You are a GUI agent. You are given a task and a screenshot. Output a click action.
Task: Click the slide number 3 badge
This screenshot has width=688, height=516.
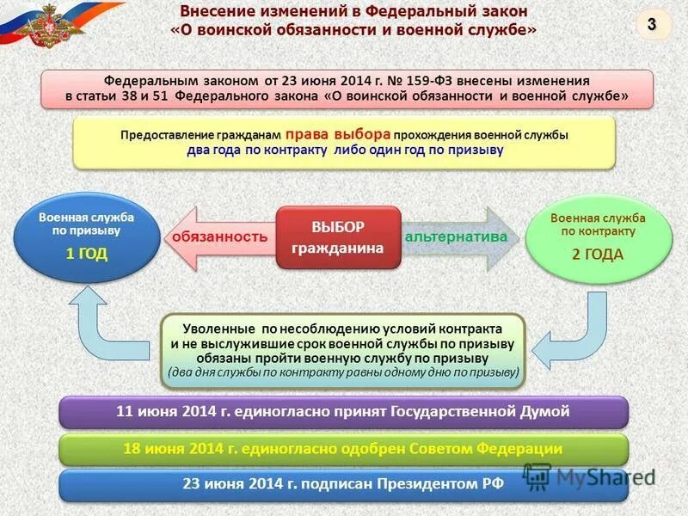[652, 25]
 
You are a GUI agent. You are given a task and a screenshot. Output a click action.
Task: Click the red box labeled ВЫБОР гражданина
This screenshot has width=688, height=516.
[338, 236]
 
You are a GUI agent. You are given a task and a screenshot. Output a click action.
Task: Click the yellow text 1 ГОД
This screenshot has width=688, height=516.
[86, 254]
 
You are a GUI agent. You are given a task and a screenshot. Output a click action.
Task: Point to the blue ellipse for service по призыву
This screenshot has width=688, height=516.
[86, 236]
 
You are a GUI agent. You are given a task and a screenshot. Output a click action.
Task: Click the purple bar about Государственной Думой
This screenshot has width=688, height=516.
[343, 412]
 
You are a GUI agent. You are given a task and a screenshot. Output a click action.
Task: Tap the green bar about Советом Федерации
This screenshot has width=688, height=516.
[343, 449]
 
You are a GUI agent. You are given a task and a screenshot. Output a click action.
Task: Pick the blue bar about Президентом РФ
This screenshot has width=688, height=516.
[343, 483]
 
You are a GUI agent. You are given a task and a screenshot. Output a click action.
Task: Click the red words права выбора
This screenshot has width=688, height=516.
[339, 135]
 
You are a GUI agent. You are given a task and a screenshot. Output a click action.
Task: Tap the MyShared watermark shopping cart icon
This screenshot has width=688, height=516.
[537, 476]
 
